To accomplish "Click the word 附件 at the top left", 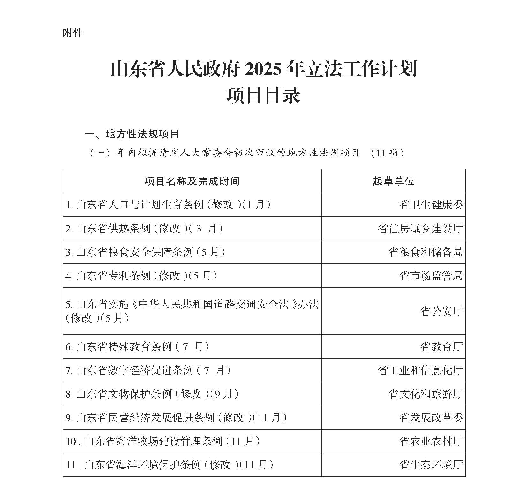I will (73, 33).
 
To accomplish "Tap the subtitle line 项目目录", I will (264, 95).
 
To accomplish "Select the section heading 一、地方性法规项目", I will (132, 134).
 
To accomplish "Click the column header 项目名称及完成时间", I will (192, 181).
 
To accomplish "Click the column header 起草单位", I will (393, 181).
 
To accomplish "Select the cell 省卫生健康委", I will (431, 205).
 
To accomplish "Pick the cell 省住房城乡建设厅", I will (420, 228).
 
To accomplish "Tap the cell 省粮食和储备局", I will (425, 252).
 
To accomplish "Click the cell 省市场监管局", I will (431, 276).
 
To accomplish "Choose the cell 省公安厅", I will (441, 311).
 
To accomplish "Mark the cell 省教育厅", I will (441, 346).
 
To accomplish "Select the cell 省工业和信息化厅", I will (420, 370).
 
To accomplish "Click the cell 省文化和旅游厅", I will (425, 394).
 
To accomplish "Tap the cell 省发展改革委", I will (431, 417).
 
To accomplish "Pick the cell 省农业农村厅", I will (431, 441).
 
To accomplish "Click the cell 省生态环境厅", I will (431, 465).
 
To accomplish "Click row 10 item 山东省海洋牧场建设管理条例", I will (153, 441).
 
